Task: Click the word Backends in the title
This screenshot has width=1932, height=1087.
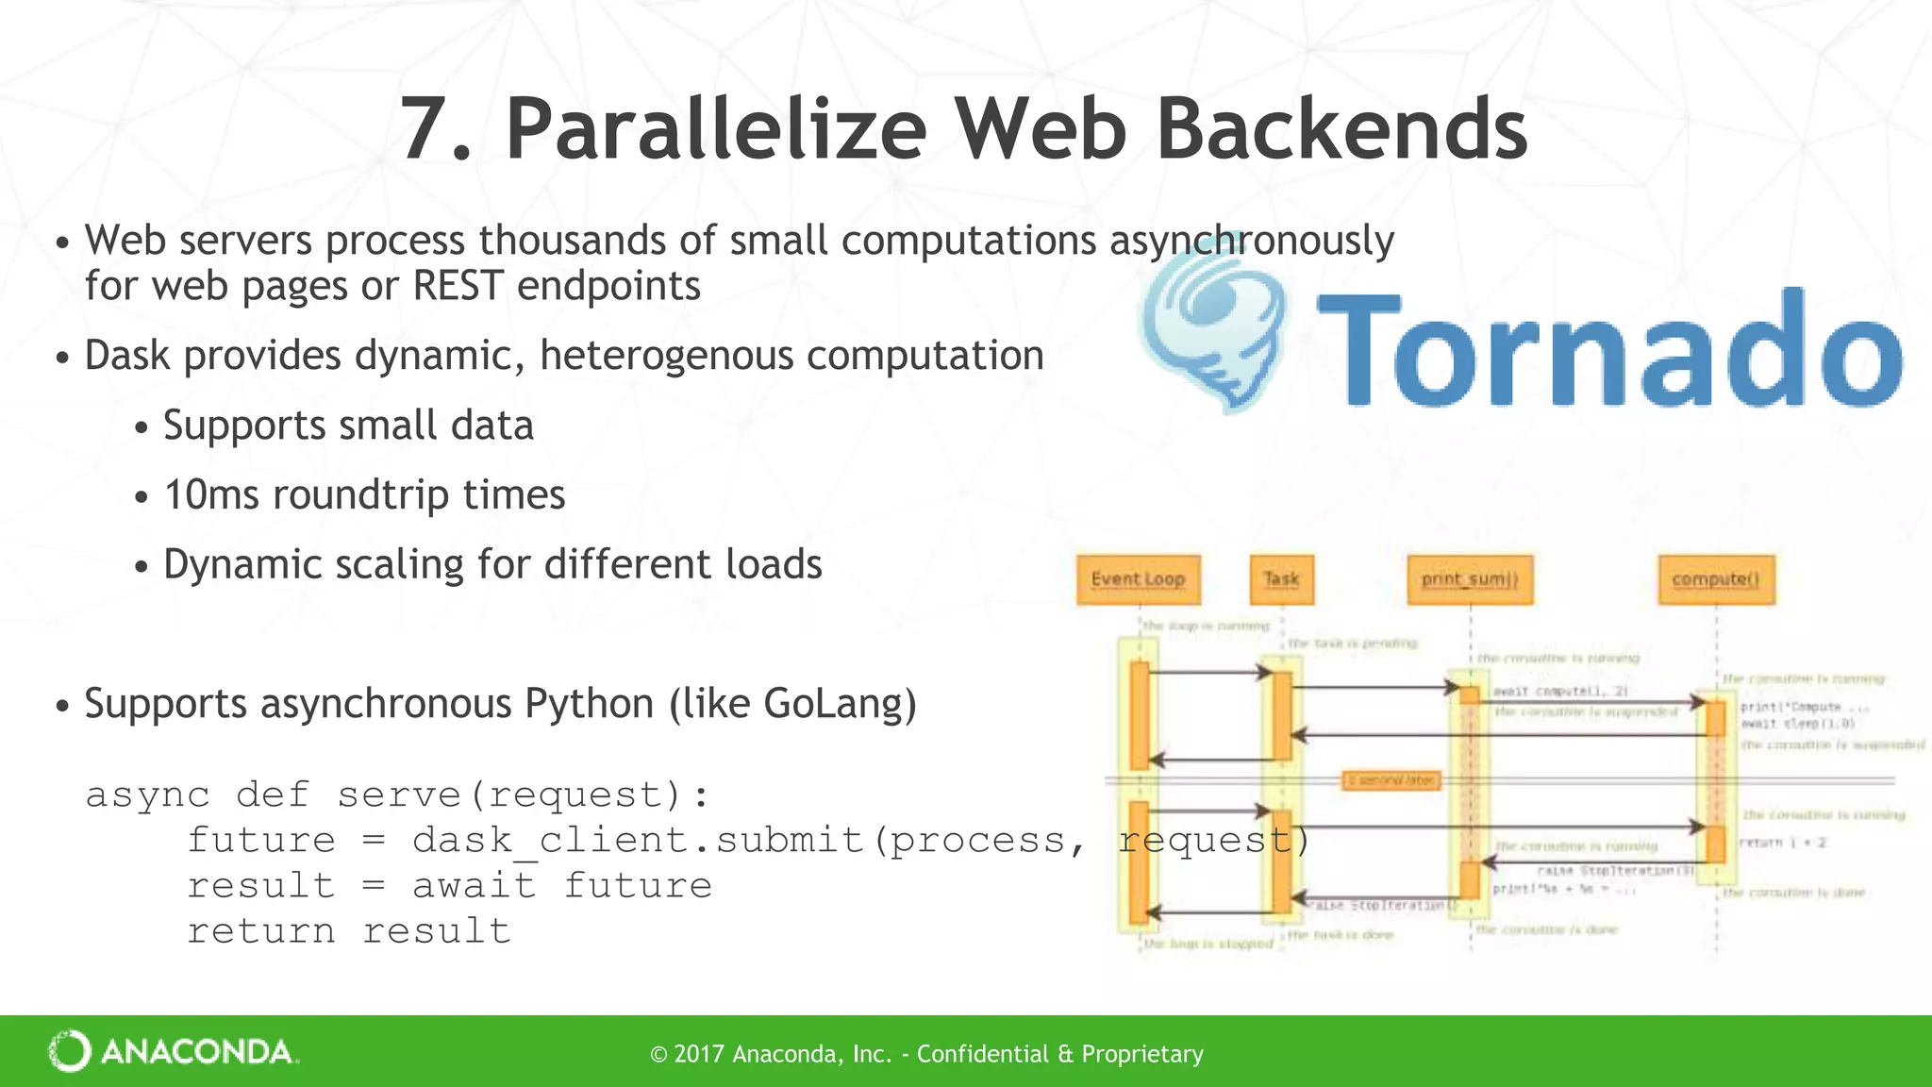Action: (x=1341, y=129)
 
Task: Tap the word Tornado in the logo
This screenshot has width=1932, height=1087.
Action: (x=1609, y=348)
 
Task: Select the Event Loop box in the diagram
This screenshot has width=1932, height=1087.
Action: (x=1138, y=579)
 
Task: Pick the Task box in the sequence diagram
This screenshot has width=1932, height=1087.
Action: (x=1281, y=579)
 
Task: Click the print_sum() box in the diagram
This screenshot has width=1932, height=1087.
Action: (x=1470, y=579)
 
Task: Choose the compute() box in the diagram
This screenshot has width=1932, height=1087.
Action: (x=1716, y=579)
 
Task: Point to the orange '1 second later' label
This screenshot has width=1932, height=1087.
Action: (x=1391, y=780)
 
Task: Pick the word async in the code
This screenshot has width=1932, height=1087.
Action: (x=147, y=794)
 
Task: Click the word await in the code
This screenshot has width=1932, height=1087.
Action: (x=474, y=885)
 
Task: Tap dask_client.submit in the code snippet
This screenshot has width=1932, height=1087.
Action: (x=637, y=840)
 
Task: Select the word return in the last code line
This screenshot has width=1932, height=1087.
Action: (x=260, y=930)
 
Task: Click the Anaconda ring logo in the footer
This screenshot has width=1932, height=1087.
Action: (x=69, y=1051)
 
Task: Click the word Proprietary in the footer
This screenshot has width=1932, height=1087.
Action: (x=1142, y=1054)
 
